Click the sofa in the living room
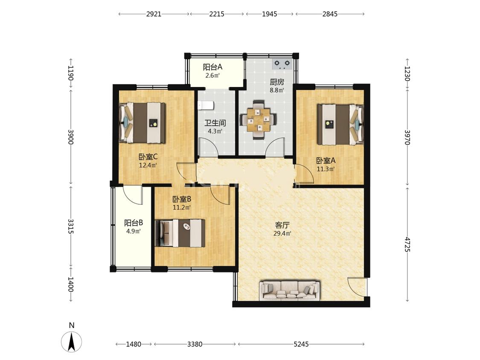[289, 290]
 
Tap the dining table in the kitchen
[259, 119]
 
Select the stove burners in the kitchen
[282, 64]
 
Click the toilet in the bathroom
[206, 106]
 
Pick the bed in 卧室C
[143, 123]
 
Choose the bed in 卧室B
[180, 233]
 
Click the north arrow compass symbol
[72, 341]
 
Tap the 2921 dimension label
[154, 14]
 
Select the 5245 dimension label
[301, 344]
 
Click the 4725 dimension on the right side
[407, 244]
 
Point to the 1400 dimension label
[71, 285]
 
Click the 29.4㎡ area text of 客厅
[282, 234]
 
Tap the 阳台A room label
[212, 67]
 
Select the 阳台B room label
[134, 223]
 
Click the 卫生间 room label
[215, 123]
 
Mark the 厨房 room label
[277, 82]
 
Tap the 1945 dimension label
[270, 14]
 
